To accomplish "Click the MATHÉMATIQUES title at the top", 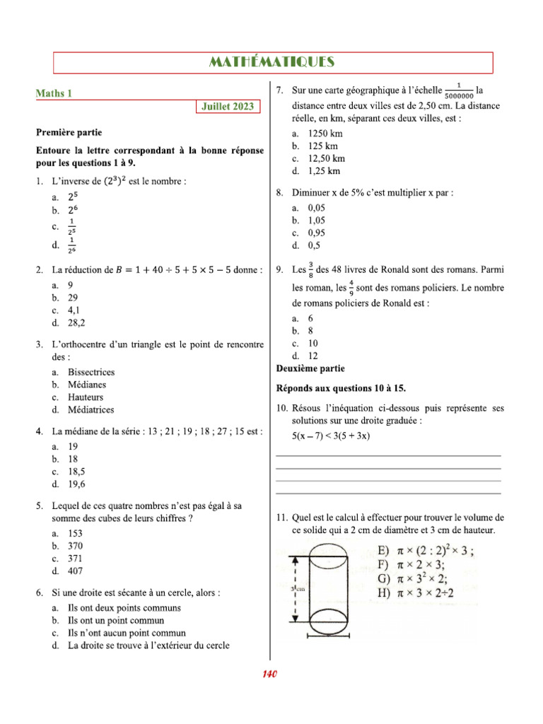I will click(x=272, y=63).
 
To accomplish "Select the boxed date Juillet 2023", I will click(x=228, y=107).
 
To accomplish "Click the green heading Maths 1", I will click(x=54, y=93).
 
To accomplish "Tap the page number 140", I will click(x=269, y=674).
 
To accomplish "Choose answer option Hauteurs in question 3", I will click(x=86, y=397).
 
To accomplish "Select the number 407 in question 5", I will click(x=75, y=571).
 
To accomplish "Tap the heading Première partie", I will click(x=69, y=132).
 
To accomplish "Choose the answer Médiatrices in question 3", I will click(x=90, y=409).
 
